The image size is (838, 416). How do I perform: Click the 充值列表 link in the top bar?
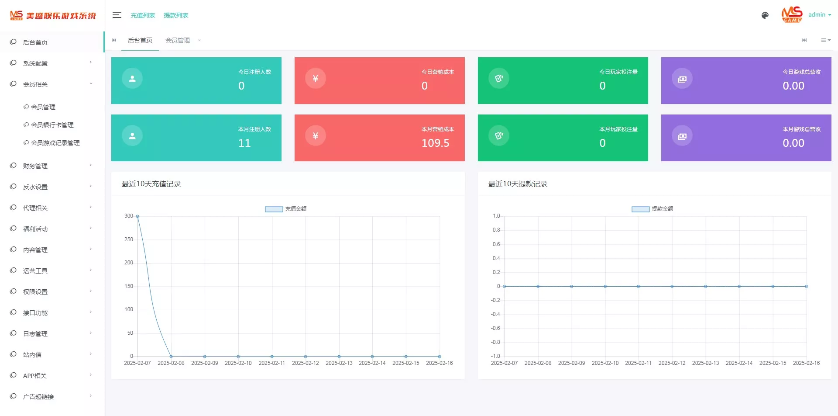pos(143,15)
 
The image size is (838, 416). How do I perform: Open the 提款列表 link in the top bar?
pos(176,15)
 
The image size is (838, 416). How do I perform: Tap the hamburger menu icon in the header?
pos(117,15)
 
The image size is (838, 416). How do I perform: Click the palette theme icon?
pos(765,15)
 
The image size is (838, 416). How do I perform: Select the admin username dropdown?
pos(819,15)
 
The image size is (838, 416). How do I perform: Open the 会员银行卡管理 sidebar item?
pos(52,125)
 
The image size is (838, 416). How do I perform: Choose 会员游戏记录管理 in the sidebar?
pos(55,143)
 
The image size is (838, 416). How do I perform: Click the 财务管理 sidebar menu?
pos(35,166)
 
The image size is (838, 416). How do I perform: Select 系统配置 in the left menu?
pos(35,63)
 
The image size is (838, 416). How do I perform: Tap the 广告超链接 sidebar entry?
pos(38,397)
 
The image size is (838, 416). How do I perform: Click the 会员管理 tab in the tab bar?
pos(178,40)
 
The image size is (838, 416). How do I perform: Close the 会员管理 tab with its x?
pos(199,40)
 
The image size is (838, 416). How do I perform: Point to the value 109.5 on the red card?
pos(435,143)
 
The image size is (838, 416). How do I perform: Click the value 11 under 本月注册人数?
pos(244,143)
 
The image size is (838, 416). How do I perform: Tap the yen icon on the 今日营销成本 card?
pos(316,79)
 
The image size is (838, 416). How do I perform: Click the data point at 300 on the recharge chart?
pos(137,216)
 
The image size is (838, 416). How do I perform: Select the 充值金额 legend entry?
pos(286,209)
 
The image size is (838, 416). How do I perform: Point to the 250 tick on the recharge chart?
pos(129,239)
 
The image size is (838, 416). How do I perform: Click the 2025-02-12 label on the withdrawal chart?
pos(672,363)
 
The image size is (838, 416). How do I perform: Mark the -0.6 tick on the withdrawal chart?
pos(495,328)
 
